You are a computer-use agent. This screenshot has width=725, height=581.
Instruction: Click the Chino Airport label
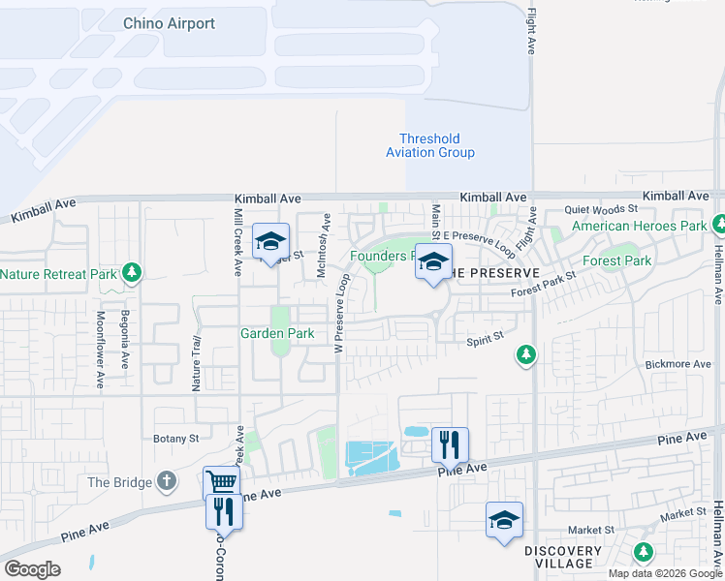(169, 23)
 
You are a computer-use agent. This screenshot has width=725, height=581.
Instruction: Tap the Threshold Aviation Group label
(430, 145)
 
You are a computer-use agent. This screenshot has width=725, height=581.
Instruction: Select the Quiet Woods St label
(601, 208)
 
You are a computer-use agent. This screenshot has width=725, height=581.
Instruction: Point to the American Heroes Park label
(639, 227)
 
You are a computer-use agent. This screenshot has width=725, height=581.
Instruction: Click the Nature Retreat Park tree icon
(133, 274)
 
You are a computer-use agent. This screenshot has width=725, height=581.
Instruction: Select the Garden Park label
(277, 334)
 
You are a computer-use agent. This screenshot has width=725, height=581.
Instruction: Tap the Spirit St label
(486, 338)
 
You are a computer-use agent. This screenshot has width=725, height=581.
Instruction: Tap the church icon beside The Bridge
(167, 481)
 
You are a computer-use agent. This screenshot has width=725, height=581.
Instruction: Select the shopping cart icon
(221, 481)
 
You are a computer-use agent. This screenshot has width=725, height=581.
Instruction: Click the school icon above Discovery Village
(504, 520)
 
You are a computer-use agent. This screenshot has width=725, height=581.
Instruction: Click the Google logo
(32, 569)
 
